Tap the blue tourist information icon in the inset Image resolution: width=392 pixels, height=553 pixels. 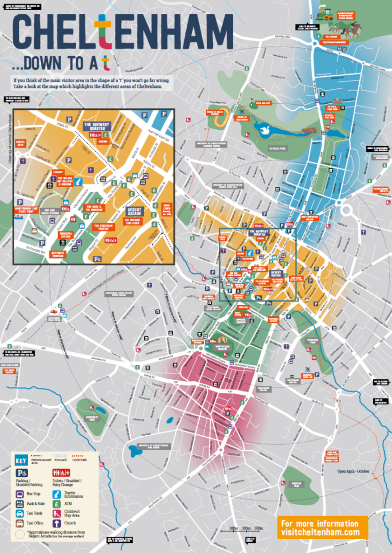point(79,182)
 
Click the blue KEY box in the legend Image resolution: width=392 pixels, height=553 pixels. point(21,460)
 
